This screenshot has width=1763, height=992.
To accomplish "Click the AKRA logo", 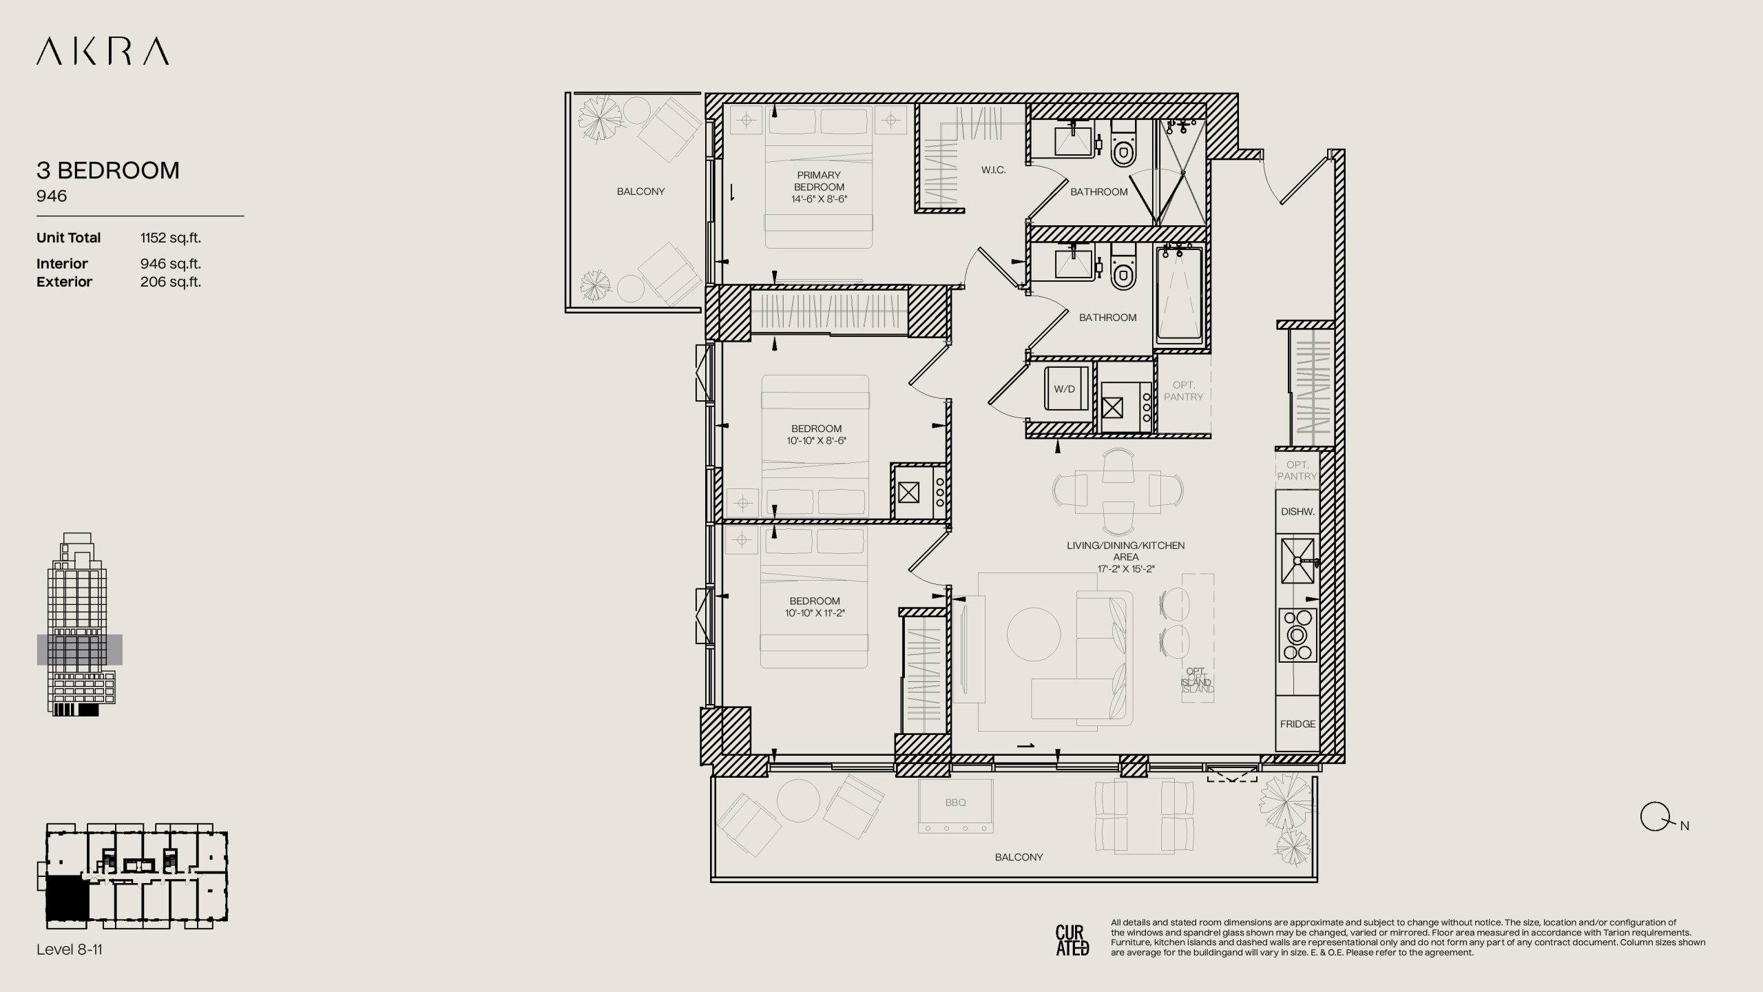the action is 103,52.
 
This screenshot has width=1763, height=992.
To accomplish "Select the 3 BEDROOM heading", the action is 108,170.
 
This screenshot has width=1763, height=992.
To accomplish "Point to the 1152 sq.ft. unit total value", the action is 171,238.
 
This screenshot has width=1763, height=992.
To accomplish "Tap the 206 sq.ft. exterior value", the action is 171,282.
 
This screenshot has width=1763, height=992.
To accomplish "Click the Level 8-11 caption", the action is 70,949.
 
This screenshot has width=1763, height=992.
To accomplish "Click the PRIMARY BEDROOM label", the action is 819,181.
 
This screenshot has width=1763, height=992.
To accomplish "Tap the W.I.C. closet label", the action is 994,170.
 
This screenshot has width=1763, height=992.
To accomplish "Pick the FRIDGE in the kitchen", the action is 1297,723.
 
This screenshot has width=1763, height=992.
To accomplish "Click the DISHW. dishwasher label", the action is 1297,512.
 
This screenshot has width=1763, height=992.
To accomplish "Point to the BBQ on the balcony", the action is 956,806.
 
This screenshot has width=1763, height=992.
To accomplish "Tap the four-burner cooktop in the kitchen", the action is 1297,634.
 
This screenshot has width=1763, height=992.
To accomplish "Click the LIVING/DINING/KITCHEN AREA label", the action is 1126,551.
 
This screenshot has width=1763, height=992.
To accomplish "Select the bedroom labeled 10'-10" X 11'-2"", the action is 815,607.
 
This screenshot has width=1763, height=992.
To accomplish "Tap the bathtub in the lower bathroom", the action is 1179,295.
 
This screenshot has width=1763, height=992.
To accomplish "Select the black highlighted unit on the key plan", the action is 67,898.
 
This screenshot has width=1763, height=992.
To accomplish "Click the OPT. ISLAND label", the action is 1197,681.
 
